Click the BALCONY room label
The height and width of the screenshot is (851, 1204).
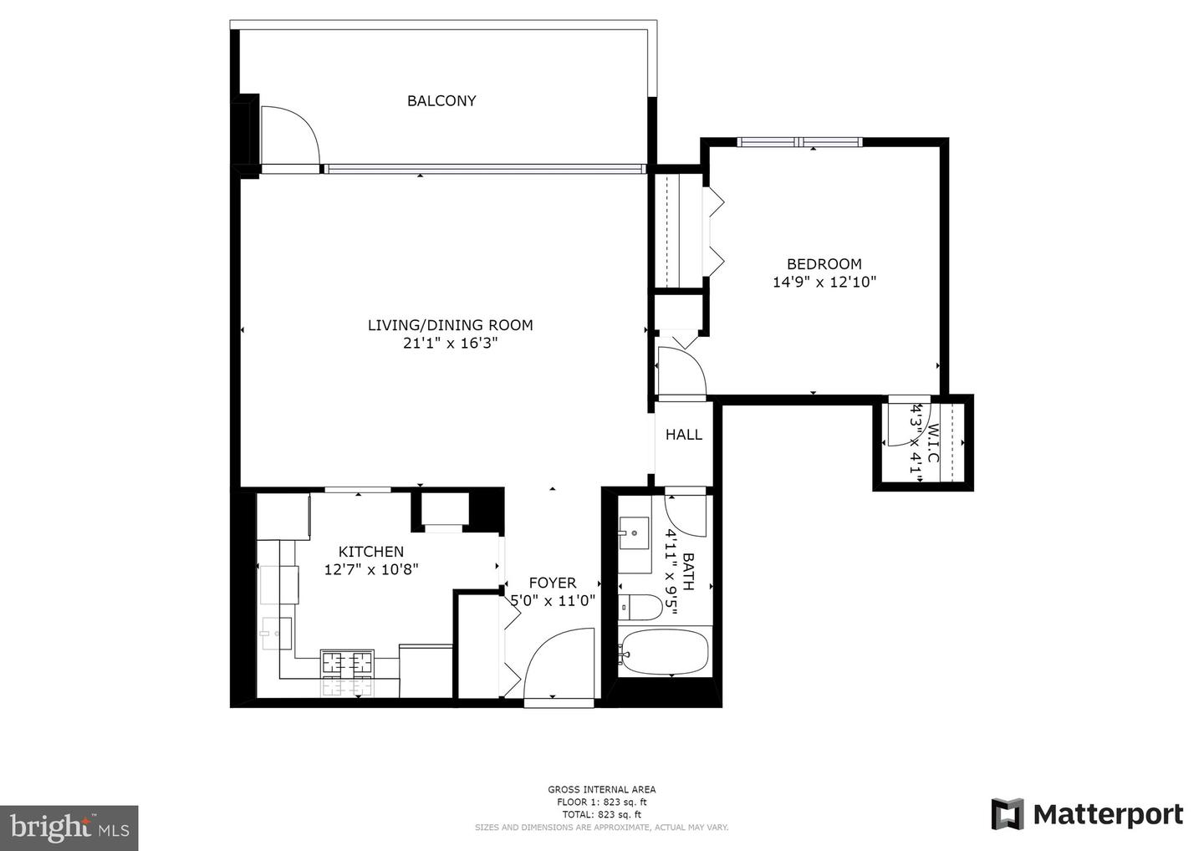441,101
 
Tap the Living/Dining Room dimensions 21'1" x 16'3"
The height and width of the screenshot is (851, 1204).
450,343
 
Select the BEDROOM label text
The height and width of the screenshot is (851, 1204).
824,264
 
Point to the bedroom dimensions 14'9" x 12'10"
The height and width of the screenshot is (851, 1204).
824,283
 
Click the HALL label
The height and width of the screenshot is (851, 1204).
683,435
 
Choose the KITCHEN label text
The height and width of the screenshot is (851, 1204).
370,552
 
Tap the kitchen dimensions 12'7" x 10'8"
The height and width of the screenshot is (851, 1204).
370,569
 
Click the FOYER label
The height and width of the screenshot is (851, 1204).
552,583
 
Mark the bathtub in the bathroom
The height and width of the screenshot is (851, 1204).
664,651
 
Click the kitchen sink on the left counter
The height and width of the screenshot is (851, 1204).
275,634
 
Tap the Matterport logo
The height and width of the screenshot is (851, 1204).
1087,814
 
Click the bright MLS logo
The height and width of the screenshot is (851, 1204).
69,828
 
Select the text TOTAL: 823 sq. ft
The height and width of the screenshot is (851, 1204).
601,814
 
